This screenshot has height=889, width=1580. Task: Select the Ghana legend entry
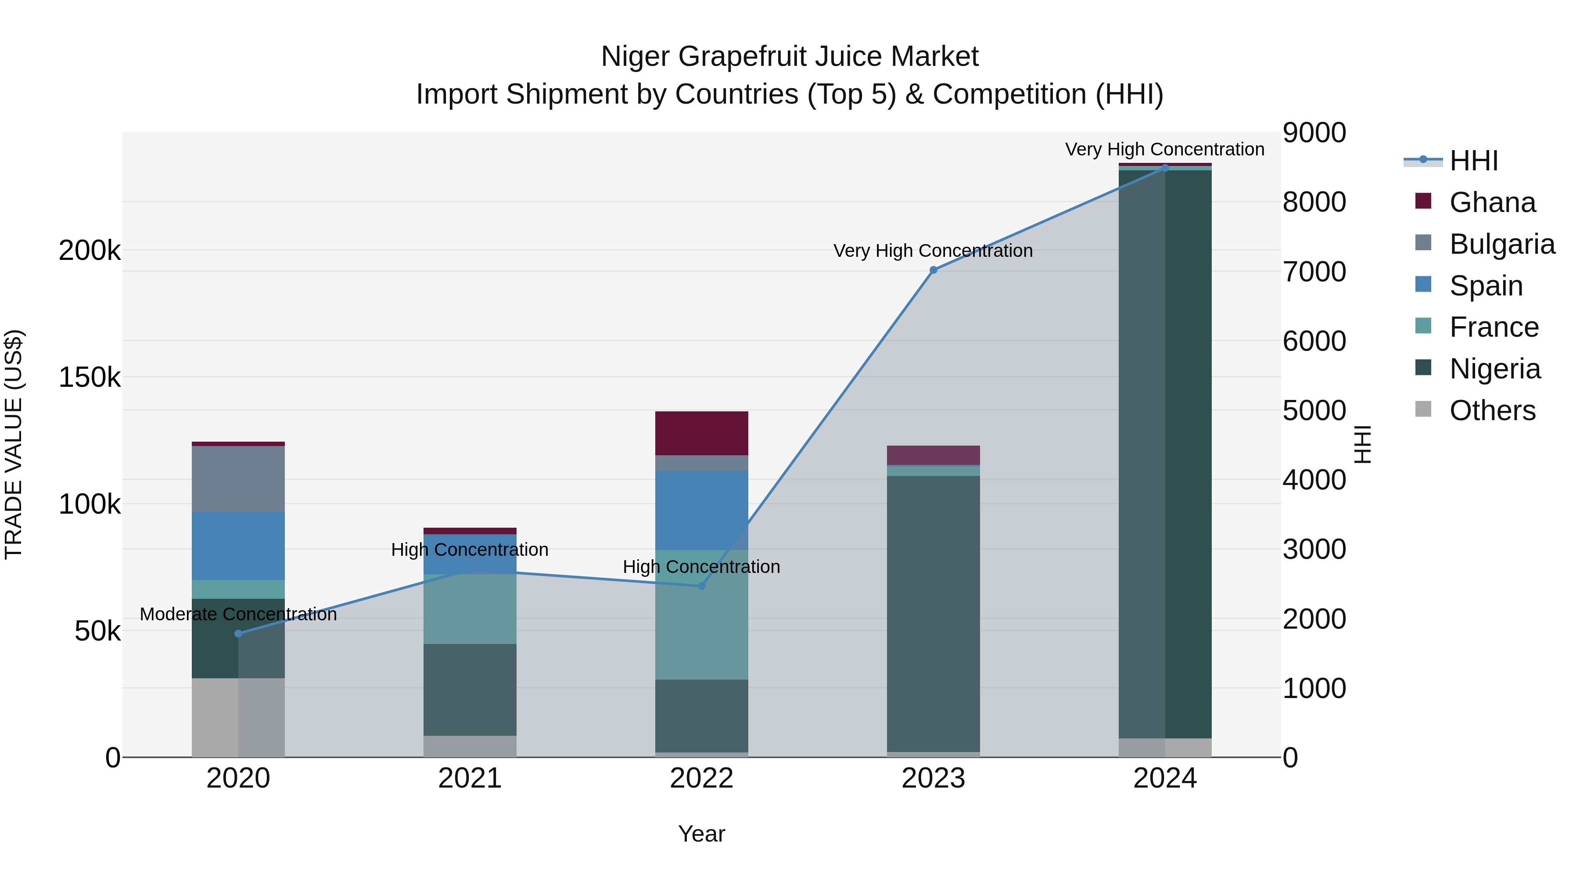1492,202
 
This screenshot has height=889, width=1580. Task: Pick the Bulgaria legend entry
1501,244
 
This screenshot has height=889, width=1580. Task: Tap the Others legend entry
1492,410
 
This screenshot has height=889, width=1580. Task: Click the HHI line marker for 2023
933,270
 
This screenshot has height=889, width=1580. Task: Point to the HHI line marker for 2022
702,586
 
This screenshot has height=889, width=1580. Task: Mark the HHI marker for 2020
239,634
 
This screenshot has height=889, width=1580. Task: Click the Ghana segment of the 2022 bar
702,433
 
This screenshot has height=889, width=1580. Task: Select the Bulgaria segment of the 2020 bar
239,479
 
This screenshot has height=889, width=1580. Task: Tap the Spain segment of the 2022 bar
702,511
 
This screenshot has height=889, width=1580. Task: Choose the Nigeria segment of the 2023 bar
933,614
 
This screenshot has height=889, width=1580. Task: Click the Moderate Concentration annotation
239,614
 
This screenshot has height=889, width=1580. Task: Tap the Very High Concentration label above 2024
1164,149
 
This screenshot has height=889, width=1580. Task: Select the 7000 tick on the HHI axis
1314,272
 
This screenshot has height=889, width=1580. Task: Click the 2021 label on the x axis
470,778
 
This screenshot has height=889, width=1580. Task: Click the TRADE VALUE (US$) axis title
14,444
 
